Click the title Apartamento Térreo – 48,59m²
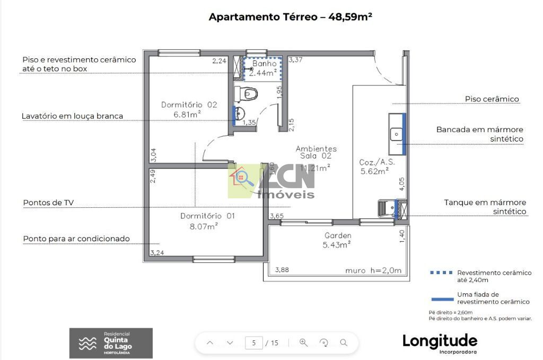[x=290, y=16]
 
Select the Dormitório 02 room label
[x=189, y=109]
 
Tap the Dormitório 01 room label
[x=207, y=221]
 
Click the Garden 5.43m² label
[x=337, y=240]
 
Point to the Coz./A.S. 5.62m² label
[x=374, y=166]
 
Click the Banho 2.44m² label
[x=264, y=68]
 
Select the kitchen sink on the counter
[x=396, y=134]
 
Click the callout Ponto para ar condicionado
[x=76, y=239]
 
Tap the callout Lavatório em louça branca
[x=72, y=116]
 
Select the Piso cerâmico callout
[x=492, y=99]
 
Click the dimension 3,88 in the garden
[x=282, y=270]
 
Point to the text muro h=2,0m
[x=373, y=270]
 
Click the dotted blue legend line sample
[x=441, y=273]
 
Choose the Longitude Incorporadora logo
[x=440, y=342]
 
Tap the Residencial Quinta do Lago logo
[x=111, y=343]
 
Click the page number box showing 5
[x=254, y=343]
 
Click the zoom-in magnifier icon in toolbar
[x=304, y=343]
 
